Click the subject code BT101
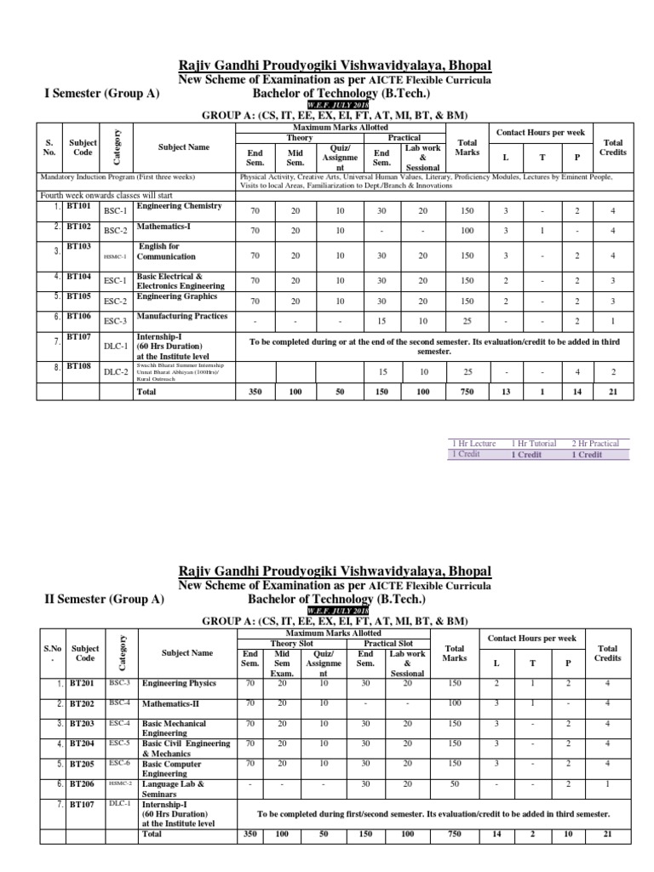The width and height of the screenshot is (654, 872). tap(82, 206)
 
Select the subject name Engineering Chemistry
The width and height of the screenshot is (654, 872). tap(179, 206)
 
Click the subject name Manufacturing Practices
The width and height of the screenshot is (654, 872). tap(181, 316)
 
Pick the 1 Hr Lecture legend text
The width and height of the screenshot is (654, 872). tap(477, 444)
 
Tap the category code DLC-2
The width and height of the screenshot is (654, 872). tap(114, 371)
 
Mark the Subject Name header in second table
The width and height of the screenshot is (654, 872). tap(187, 653)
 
